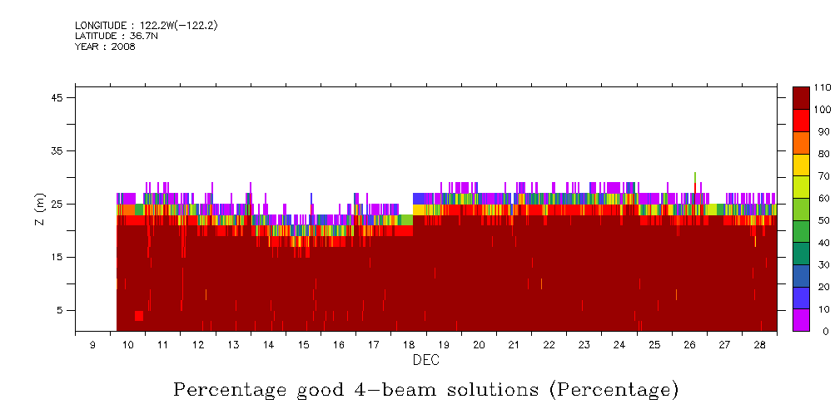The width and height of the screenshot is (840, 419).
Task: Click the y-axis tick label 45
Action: coord(57,97)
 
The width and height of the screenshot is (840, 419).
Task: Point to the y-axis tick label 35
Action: coord(57,150)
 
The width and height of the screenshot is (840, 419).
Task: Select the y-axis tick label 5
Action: coord(60,310)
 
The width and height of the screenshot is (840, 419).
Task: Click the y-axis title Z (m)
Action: coord(40,208)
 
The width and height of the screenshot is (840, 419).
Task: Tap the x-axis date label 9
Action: coord(92,344)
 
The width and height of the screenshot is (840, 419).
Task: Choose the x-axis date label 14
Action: coord(268,344)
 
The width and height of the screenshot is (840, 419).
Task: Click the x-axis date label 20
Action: coord(479,344)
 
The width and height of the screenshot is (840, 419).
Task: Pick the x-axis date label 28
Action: coord(760,344)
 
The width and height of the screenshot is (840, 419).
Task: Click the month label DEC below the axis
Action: coord(425,361)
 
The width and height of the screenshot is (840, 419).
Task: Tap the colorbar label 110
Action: coord(823,87)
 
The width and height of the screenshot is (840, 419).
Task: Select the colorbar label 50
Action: coord(821,220)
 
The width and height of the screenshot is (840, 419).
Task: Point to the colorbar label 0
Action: coord(818,331)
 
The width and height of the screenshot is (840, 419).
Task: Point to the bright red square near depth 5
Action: coord(138,315)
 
